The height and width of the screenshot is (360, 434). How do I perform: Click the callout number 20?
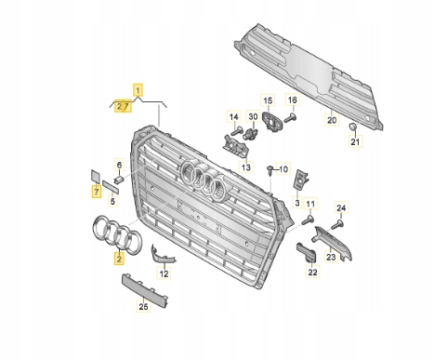point(332,120)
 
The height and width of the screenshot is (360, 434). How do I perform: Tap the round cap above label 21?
point(353,127)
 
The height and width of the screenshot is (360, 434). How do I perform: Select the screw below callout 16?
point(290,118)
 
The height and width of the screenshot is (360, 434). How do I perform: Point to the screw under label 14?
point(235,131)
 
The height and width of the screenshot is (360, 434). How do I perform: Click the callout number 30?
point(253,116)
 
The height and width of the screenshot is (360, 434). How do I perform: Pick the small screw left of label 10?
point(270,169)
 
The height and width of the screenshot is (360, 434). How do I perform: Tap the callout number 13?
point(246,167)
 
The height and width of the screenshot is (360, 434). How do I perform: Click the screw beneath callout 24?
point(336,224)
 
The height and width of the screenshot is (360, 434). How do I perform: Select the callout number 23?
point(331,257)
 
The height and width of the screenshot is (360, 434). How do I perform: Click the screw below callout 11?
point(308,220)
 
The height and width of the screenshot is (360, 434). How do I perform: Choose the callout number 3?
point(297,203)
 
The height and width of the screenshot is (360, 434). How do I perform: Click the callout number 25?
point(143,306)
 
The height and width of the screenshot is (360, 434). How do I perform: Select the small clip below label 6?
point(119,179)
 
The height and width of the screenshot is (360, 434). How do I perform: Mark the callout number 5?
point(112,201)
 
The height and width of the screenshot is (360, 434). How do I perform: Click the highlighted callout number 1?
point(138,90)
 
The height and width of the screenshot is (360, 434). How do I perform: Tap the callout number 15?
point(268,100)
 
